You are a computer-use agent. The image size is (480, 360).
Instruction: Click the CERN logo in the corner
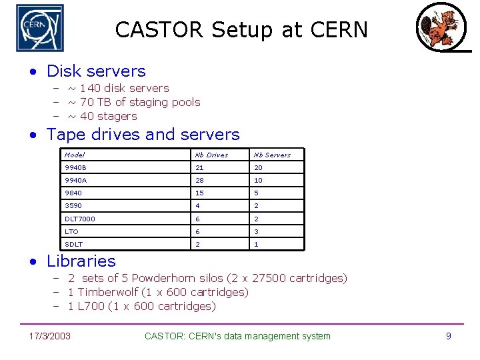(40, 28)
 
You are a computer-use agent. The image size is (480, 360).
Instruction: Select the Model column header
(75, 155)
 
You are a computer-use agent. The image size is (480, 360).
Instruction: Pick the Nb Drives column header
(211, 155)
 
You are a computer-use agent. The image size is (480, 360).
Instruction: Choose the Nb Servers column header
(272, 155)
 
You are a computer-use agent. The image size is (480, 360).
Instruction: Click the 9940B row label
(76, 168)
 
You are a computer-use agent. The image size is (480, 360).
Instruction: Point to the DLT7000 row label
(80, 219)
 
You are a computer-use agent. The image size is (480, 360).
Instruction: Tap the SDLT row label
(74, 244)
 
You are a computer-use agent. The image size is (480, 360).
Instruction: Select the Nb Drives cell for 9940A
(199, 181)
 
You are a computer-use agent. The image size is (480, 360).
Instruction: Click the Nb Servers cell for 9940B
(258, 168)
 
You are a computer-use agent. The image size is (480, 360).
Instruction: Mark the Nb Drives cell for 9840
(199, 193)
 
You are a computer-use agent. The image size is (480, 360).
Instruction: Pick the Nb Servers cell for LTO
(256, 231)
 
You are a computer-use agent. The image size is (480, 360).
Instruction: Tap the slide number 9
(449, 336)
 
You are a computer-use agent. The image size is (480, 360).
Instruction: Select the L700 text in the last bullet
(91, 306)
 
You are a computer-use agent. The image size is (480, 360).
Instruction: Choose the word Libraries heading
(81, 261)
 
